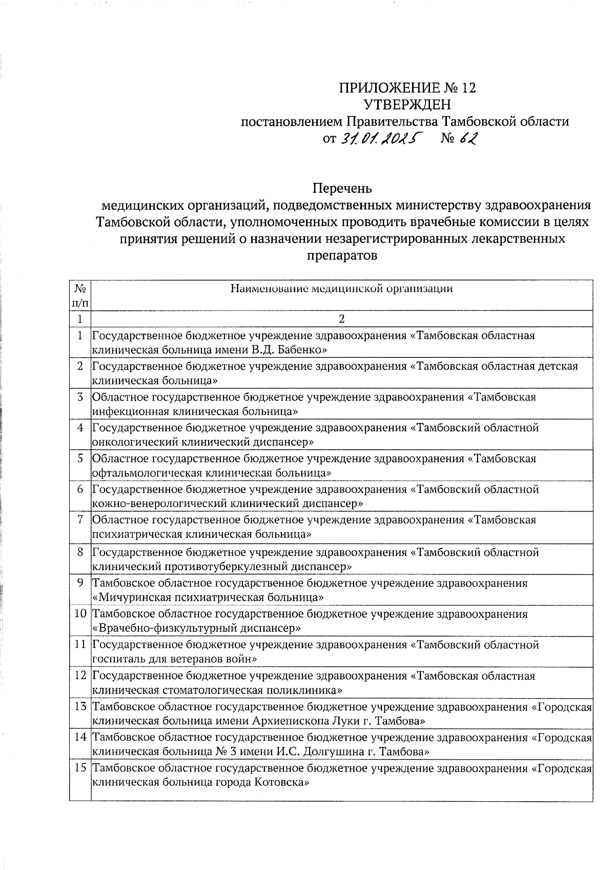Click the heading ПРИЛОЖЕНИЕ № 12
coord(407,88)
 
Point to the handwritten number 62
coord(466,138)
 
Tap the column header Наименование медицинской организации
coord(341,289)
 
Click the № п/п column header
coord(80,295)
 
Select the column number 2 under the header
coord(341,319)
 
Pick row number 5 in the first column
coord(80,458)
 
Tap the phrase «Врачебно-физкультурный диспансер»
coord(196,628)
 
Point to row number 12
coord(80,676)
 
